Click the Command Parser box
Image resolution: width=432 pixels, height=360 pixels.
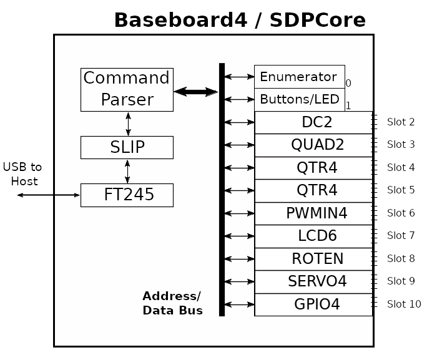[127, 89]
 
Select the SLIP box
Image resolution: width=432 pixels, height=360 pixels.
[127, 147]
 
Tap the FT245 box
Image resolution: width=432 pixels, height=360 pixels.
[127, 195]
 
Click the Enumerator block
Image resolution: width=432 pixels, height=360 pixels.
[299, 77]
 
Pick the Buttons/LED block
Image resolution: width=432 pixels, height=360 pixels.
[299, 99]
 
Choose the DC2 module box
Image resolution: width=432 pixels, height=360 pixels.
[313, 122]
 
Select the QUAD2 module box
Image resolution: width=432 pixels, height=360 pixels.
[313, 145]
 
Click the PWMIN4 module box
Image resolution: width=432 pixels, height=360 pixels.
[313, 213]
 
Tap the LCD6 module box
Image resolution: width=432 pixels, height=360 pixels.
[313, 236]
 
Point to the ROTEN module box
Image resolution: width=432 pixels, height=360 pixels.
[313, 259]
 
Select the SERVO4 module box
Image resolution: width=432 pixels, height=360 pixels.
[313, 281]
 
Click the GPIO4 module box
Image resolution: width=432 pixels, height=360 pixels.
[313, 304]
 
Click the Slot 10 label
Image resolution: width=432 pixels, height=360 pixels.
[404, 304]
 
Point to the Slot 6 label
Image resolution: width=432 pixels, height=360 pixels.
[401, 213]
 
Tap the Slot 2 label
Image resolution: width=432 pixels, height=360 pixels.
[401, 122]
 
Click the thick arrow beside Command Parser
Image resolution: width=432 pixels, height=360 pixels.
[195, 92]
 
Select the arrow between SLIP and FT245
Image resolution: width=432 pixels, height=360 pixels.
[127, 171]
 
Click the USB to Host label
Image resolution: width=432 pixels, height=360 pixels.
[23, 174]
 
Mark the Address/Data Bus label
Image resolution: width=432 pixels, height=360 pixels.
[172, 303]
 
